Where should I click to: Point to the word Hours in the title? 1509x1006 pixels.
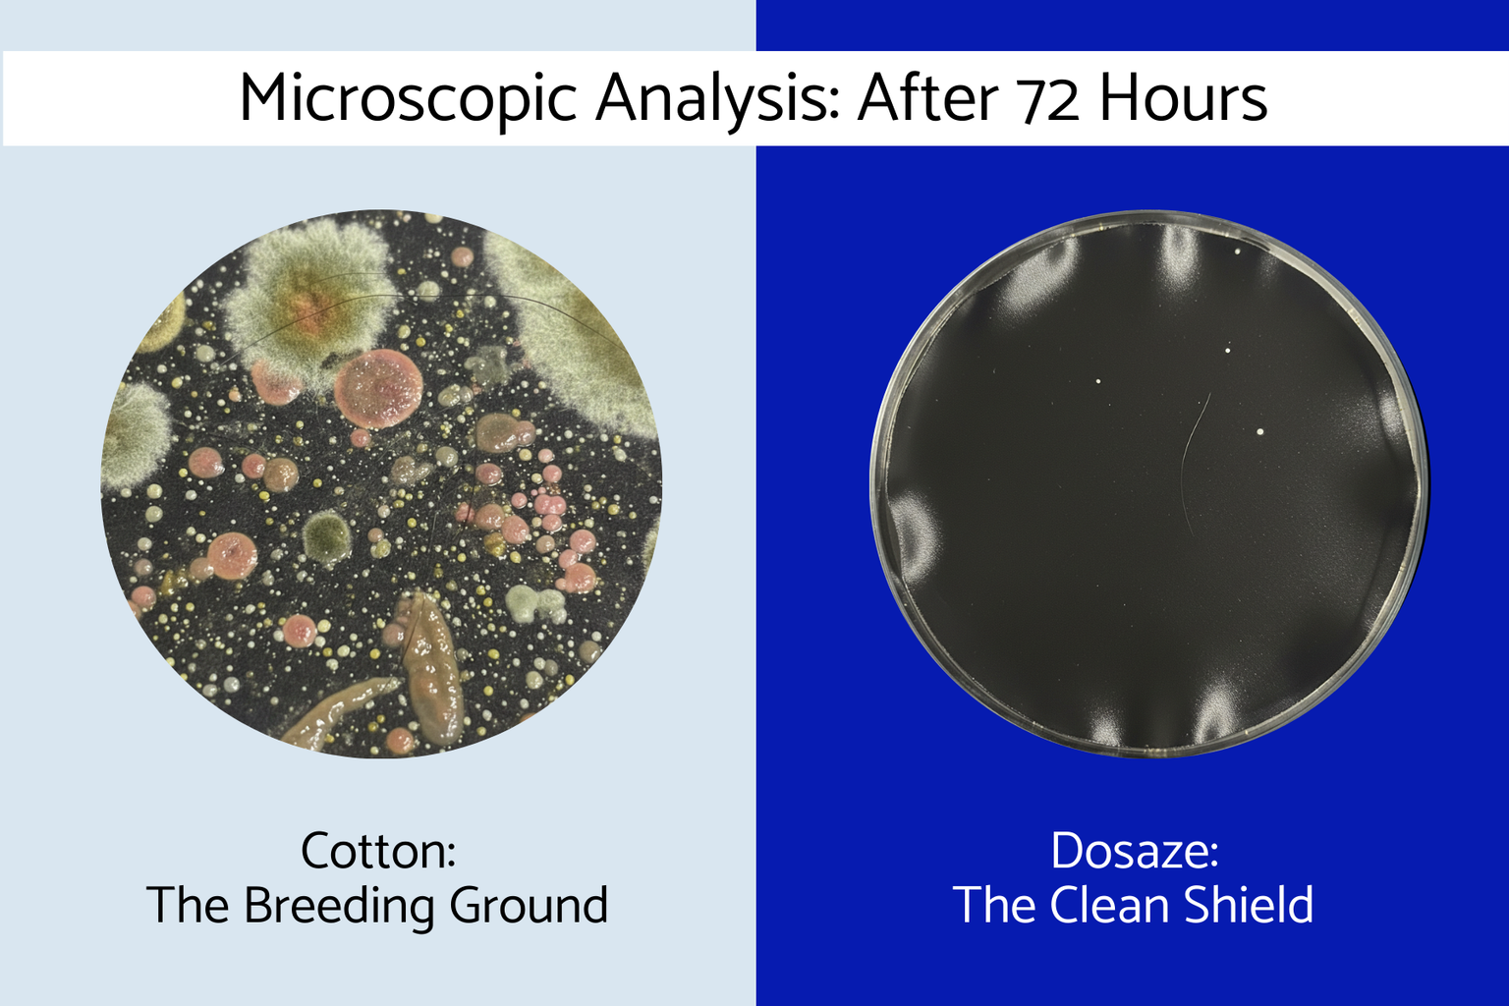1184,98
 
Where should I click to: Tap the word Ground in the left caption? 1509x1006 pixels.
529,905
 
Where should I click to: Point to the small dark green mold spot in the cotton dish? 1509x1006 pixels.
327,534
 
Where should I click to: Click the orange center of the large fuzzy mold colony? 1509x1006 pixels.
308,307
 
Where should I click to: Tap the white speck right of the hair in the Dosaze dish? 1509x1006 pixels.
1259,431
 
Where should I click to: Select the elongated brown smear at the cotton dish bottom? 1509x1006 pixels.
432,666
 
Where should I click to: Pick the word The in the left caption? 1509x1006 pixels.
187,905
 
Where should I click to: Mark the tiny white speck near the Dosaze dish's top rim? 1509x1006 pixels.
1238,251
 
